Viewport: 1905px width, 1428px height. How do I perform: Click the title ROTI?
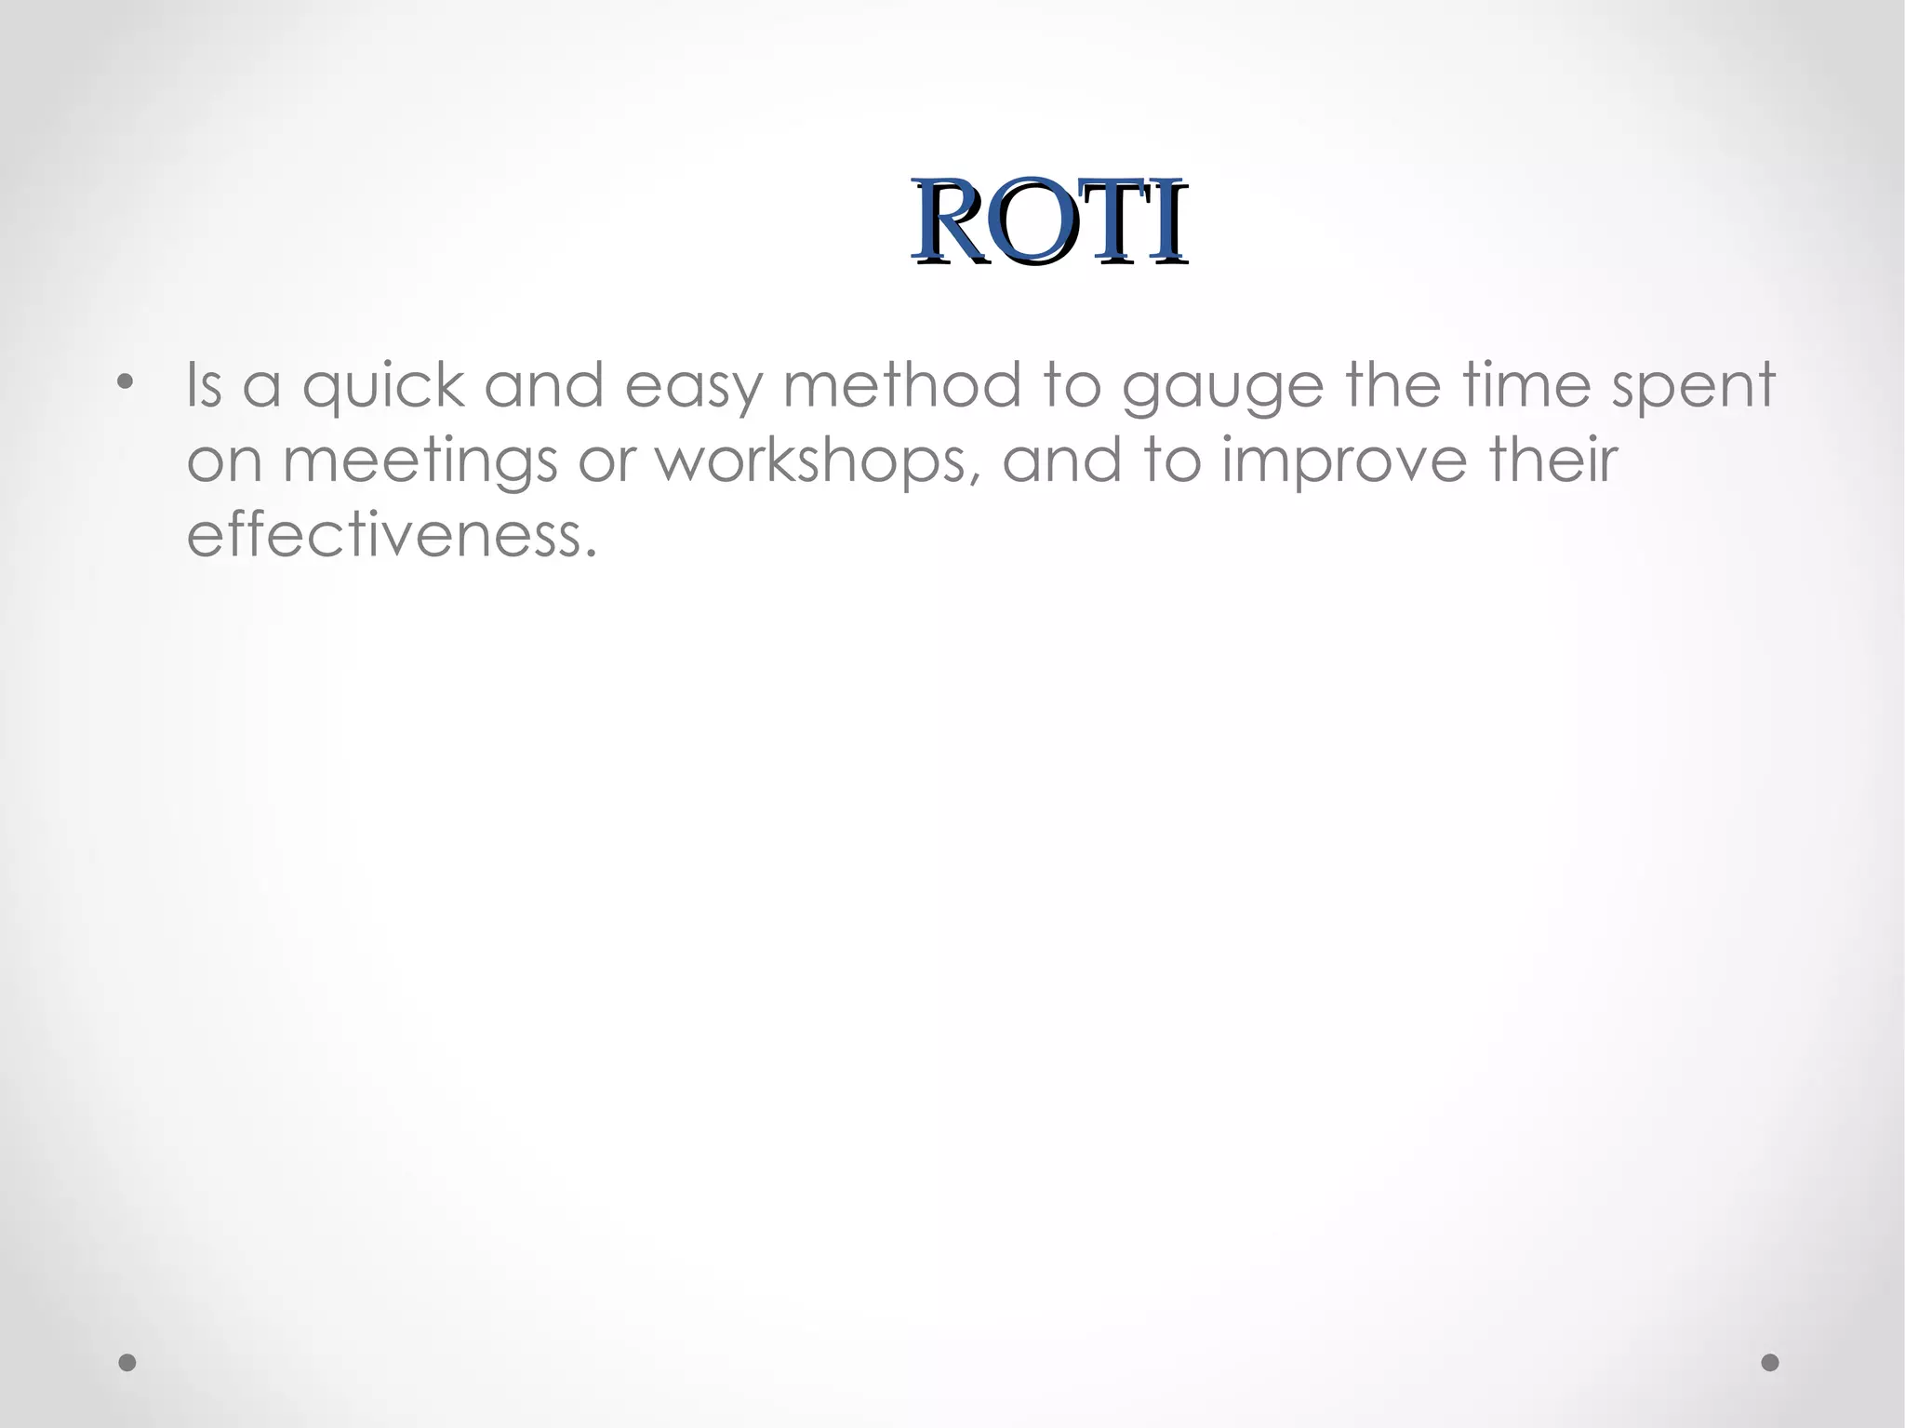point(1048,222)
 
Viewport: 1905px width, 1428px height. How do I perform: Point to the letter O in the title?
point(1029,223)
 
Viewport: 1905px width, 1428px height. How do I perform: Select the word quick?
point(382,387)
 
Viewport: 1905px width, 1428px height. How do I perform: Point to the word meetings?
point(420,462)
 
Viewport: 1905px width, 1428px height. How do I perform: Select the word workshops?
point(812,460)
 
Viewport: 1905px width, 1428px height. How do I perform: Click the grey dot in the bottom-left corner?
point(127,1363)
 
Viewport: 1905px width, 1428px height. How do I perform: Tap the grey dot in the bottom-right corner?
point(1770,1363)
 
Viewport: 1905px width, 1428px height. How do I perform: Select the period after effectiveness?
point(589,553)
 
